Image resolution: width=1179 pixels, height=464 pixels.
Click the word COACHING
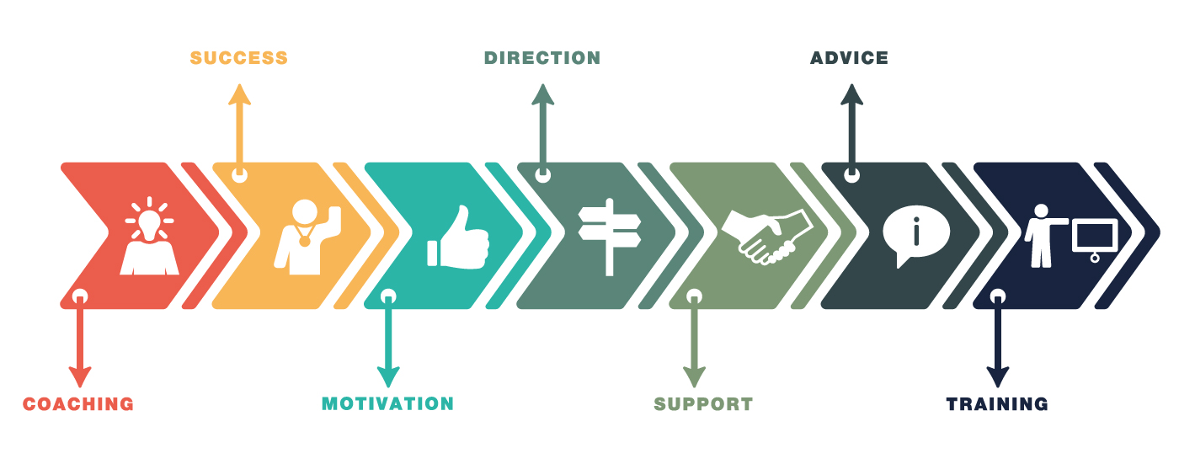pos(78,404)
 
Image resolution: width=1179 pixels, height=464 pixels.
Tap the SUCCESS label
pos(239,58)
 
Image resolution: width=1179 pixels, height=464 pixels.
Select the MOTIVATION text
pos(387,403)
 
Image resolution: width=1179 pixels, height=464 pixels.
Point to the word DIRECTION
pos(542,58)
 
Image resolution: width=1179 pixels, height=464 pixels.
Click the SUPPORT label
pos(703,404)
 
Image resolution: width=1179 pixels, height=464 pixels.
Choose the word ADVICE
pos(849,58)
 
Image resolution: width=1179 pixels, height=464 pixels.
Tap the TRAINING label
pos(997,404)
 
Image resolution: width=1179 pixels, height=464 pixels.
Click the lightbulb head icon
pos(150,237)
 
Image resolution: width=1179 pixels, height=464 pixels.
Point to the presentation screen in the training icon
pos(1095,236)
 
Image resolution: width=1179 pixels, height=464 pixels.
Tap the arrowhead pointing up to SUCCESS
pos(240,93)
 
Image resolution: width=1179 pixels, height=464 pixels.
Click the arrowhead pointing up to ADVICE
pos(851,93)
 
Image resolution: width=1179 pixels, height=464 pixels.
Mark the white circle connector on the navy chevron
pos(998,296)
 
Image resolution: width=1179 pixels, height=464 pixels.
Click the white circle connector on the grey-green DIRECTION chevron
pos(543,175)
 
